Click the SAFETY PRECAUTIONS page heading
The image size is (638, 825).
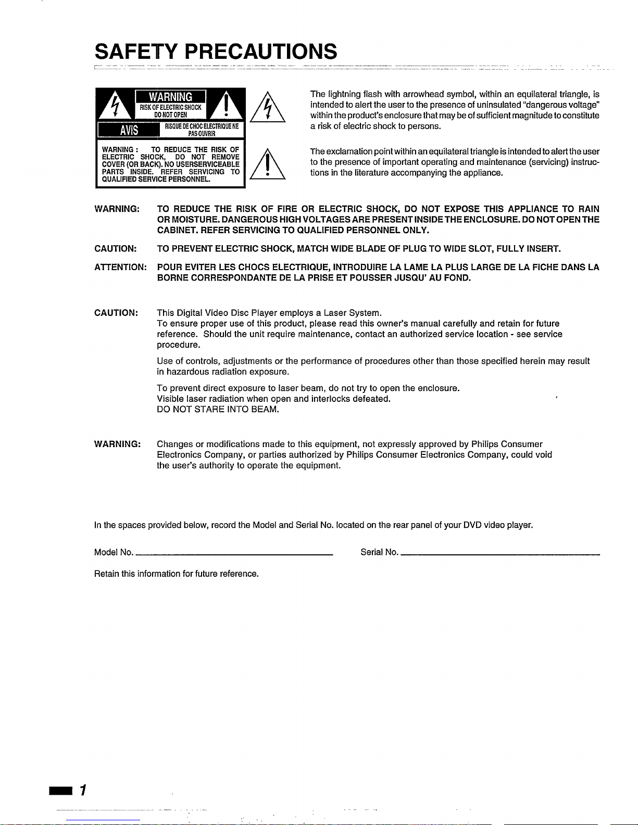(x=216, y=52)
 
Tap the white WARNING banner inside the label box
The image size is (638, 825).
(x=170, y=97)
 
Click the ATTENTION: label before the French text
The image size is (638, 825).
(x=120, y=268)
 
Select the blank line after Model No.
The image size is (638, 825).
(x=234, y=555)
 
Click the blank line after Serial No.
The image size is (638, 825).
(x=500, y=555)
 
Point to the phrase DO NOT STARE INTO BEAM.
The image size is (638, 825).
(x=218, y=410)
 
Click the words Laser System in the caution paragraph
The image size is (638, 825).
(x=353, y=313)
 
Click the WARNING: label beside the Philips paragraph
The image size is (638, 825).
(x=117, y=444)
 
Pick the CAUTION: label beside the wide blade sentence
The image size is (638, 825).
(x=116, y=249)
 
